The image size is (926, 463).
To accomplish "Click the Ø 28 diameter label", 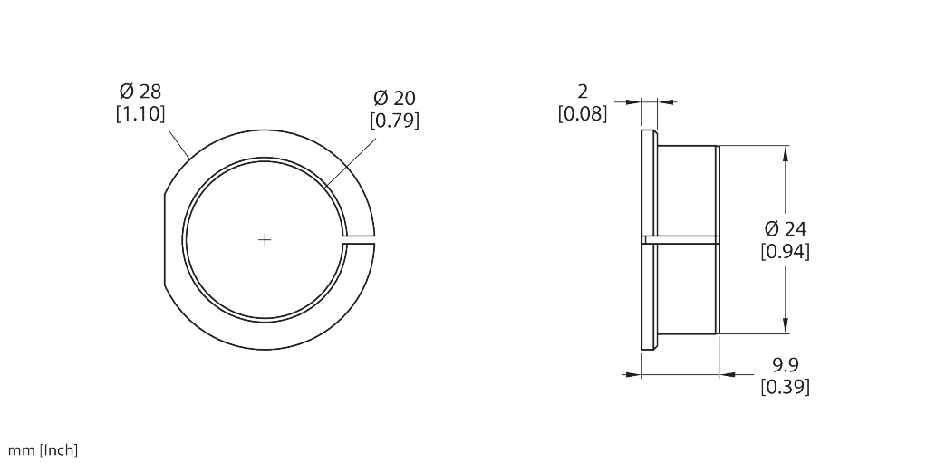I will tap(140, 92).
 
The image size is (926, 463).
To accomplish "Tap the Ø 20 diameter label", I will tap(395, 98).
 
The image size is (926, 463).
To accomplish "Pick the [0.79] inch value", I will tap(395, 119).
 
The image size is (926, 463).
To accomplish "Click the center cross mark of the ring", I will tap(265, 239).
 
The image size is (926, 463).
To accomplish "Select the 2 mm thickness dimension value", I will tap(583, 92).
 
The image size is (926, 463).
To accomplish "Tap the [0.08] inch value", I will tap(583, 113).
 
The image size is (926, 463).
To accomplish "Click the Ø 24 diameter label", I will tap(786, 228).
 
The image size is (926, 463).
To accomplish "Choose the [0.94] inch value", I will tap(786, 251).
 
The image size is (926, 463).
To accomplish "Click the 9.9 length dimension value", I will tap(786, 365).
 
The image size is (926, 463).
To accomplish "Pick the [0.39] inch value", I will tap(786, 387).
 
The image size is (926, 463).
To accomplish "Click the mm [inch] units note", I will tap(43, 450).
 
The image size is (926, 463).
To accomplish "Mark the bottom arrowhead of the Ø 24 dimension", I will tap(786, 325).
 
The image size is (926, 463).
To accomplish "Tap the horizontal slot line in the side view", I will tap(684, 239).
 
